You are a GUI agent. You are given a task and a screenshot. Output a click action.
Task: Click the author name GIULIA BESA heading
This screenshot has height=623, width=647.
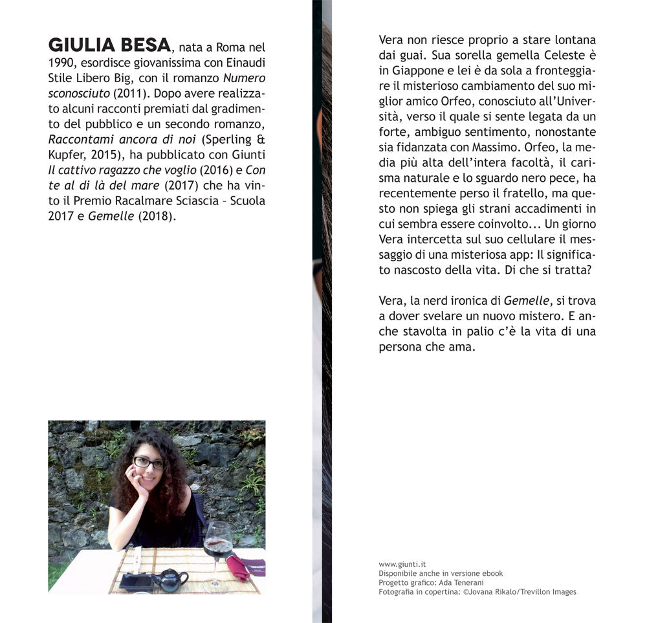point(109,45)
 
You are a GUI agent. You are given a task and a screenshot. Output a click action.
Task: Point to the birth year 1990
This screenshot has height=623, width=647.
point(63,63)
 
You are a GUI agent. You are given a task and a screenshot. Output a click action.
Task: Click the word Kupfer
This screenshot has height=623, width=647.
point(67,155)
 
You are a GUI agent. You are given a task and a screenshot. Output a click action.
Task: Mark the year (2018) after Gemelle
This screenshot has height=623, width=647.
point(156,216)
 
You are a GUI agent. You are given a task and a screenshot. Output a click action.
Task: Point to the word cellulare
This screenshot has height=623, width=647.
point(534,240)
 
